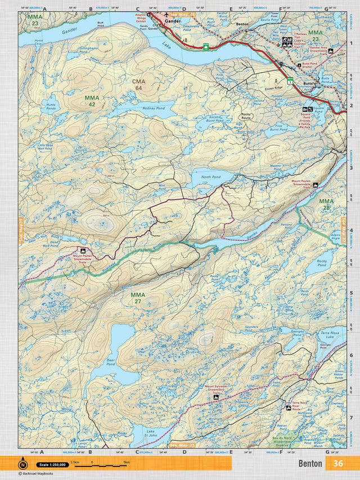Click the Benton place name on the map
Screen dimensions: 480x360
pyautogui.click(x=242, y=25)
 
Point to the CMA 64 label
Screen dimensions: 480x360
pyautogui.click(x=138, y=84)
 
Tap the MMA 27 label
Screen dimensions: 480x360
pyautogui.click(x=138, y=298)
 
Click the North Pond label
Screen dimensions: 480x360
pyautogui.click(x=211, y=176)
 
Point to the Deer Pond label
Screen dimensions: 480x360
pyautogui.click(x=110, y=360)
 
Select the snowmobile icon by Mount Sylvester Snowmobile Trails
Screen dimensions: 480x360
pyautogui.click(x=217, y=398)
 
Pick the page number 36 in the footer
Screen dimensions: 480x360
pyautogui.click(x=337, y=464)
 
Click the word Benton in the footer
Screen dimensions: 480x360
pyautogui.click(x=310, y=464)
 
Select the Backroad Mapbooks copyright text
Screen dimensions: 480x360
pyautogui.click(x=37, y=474)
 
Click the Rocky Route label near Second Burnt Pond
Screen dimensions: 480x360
pyautogui.click(x=246, y=116)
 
